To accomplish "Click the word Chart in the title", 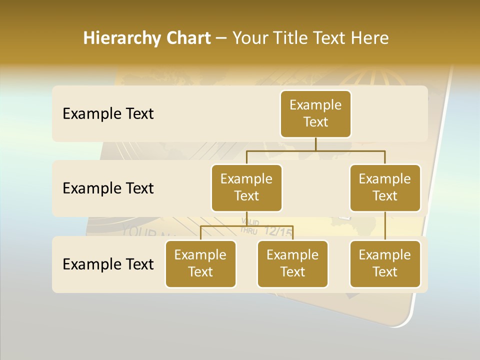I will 186,38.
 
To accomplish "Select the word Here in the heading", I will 369,38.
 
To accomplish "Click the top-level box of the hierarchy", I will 315,114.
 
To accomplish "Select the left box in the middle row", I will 246,188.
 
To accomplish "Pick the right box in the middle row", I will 385,188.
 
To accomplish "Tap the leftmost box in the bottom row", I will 200,264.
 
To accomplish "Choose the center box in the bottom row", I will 292,264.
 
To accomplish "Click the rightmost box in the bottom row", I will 385,264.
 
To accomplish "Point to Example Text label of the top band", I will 108,114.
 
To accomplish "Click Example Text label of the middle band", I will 108,188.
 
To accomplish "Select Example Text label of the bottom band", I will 108,264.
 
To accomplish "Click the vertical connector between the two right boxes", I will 385,226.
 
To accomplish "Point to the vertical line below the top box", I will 315,144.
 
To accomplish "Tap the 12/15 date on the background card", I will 278,231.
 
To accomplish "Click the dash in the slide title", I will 221,38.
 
